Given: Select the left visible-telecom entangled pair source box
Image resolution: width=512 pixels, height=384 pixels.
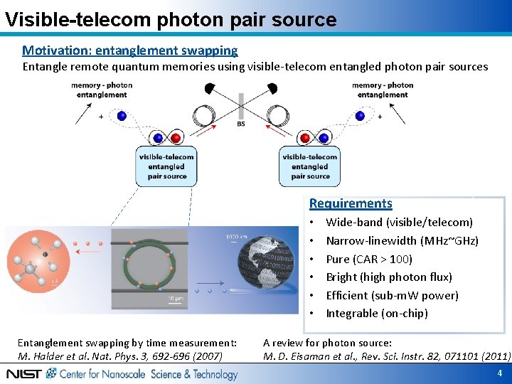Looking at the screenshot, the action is coord(166,166).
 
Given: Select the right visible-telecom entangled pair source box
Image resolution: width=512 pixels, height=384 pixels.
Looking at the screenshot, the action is coord(310,166).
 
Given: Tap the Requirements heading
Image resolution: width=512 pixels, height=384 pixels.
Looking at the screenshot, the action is coord(351,203).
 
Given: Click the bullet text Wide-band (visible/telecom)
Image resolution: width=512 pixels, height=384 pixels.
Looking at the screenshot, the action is coord(399,223).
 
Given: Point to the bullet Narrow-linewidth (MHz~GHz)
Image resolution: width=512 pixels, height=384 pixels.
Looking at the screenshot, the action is coord(402,241).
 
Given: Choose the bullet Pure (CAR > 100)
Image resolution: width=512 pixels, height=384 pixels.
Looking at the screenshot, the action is coord(368,259).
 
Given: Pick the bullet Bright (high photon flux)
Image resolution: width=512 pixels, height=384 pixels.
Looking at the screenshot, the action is coord(388,277).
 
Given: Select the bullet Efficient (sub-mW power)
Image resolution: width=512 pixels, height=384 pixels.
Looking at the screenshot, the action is coord(392,295).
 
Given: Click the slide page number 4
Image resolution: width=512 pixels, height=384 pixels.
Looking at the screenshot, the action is coord(500,373).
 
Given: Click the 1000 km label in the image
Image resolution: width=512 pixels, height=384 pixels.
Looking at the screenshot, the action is coord(237,237).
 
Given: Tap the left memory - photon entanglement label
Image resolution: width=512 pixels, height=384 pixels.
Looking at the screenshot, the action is coord(102,90).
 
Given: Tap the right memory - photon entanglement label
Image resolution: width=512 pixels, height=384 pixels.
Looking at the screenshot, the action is coord(383,90).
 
